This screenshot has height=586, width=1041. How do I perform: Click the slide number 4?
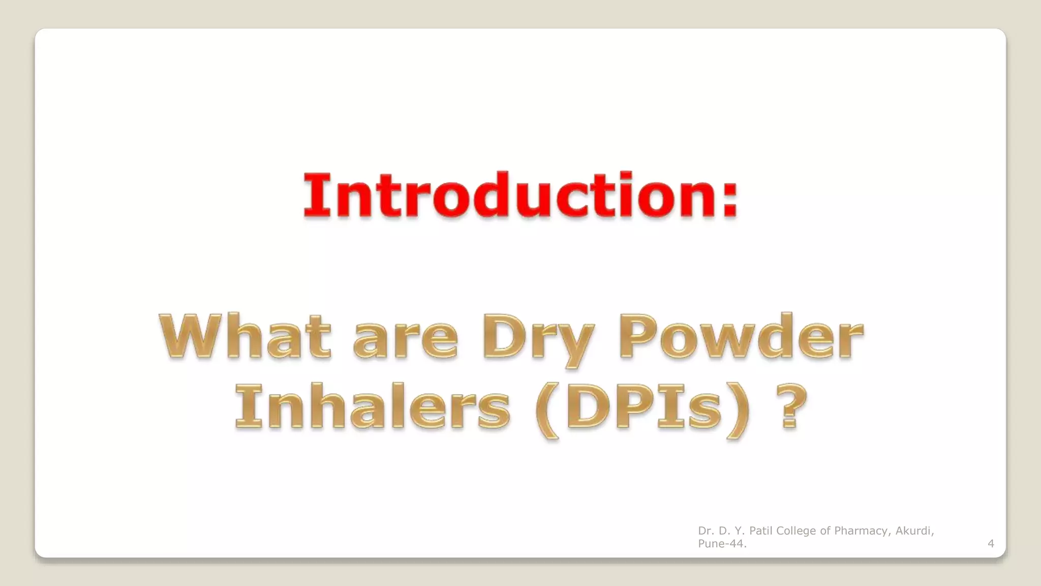pos(990,544)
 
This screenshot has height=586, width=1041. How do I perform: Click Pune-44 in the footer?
pos(722,544)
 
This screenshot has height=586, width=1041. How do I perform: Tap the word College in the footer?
pos(797,531)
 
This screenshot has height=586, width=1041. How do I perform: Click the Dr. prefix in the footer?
pos(705,531)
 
